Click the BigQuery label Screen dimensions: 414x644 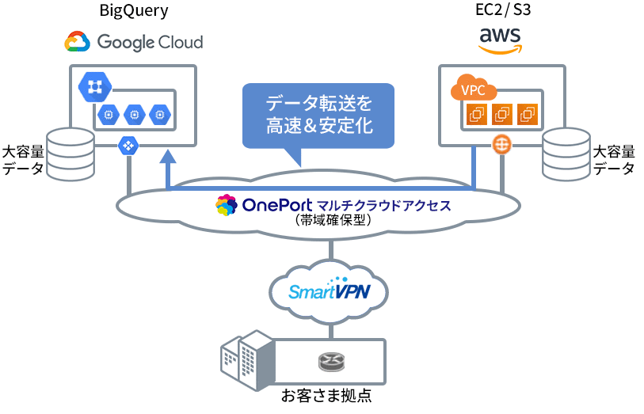pos(134,12)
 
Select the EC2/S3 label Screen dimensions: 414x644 pos(502,12)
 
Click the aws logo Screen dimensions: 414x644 pos(502,40)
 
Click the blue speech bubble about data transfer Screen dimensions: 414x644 pos(318,116)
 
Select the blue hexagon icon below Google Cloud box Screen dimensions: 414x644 pos(128,146)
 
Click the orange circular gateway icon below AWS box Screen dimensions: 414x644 pos(501,146)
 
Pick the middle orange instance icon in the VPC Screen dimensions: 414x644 pos(501,115)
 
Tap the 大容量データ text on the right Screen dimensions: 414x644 pos(615,159)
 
